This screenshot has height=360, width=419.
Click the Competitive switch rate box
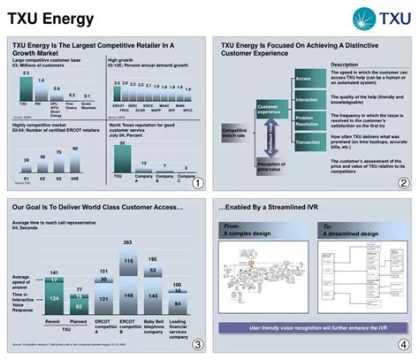tap(234, 134)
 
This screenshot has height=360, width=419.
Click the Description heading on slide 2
tap(344, 65)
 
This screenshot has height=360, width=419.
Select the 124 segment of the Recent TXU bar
tap(52, 298)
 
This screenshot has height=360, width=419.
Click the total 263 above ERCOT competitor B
tap(127, 241)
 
